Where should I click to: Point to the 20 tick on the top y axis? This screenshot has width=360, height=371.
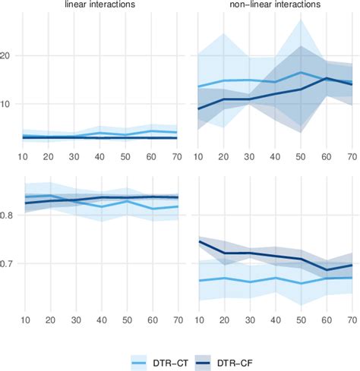coord(11,55)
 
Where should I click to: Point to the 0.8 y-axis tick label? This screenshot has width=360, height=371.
coord(10,215)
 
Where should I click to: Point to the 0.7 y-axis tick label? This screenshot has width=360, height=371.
coord(10,263)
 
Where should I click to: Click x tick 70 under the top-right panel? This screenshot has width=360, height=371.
coord(352,156)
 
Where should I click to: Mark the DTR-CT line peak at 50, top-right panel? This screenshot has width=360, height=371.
coord(302,73)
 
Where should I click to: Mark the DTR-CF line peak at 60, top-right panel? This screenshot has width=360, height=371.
coord(327,78)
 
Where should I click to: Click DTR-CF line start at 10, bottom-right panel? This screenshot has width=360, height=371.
coord(199,241)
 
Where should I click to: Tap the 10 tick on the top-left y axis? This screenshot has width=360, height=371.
coord(11,104)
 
